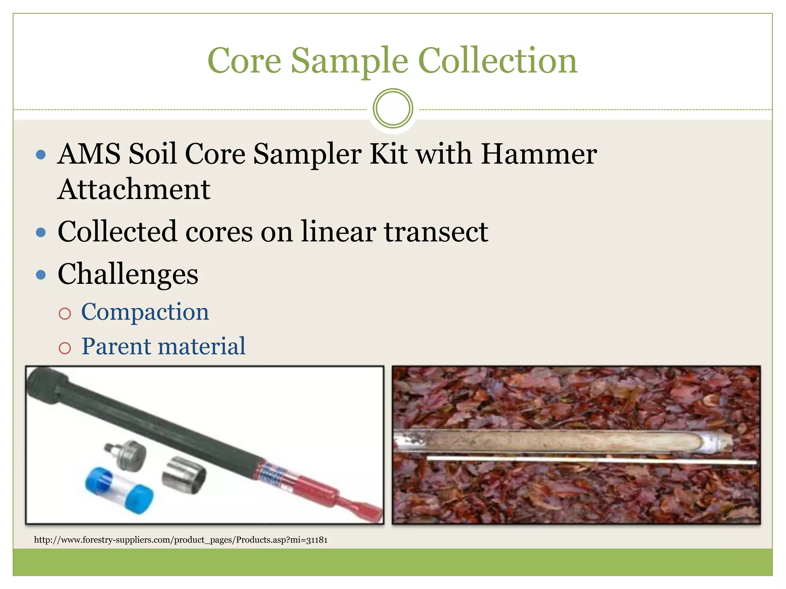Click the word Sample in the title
(x=349, y=61)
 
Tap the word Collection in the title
(x=497, y=61)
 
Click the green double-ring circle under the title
(x=393, y=109)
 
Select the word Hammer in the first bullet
(x=539, y=154)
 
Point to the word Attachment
(x=134, y=189)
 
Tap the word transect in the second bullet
(x=436, y=232)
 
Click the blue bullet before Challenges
(x=41, y=275)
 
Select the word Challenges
(x=128, y=275)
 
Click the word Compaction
(x=145, y=312)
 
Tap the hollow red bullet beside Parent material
(x=65, y=348)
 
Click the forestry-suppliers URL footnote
(x=181, y=540)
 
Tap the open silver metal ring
(x=183, y=475)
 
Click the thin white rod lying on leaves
(x=591, y=460)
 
